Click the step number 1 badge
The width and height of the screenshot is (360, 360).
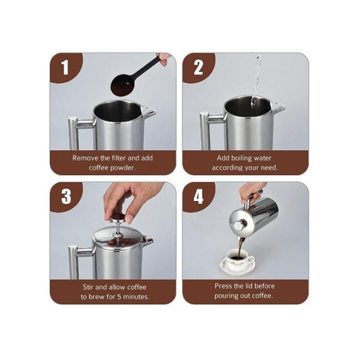click(x=64, y=68)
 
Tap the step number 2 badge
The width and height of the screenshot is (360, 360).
click(x=198, y=68)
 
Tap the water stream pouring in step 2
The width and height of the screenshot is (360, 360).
click(x=256, y=78)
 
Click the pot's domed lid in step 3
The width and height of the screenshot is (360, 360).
click(x=118, y=236)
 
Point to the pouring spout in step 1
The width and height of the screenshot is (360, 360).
click(x=147, y=111)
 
